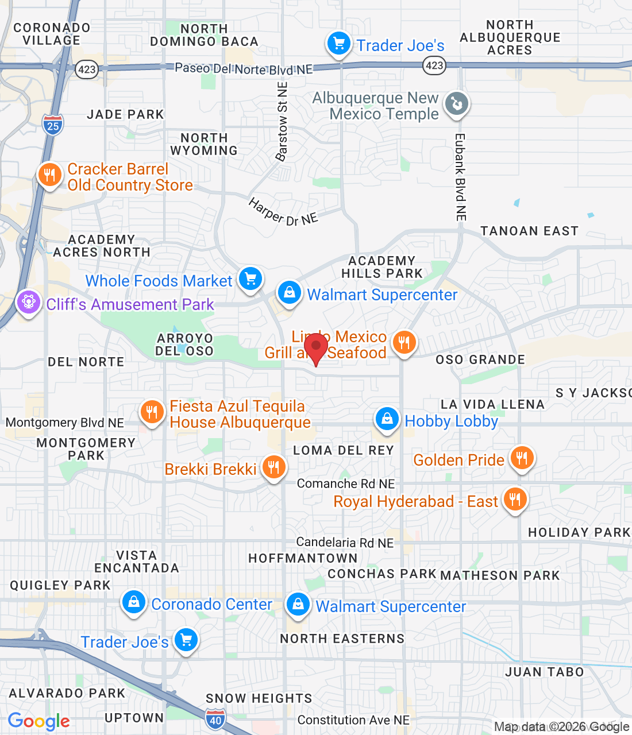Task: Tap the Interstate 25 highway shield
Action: pos(53,125)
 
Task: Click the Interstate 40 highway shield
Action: pos(215,719)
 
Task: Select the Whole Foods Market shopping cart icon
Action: pos(251,279)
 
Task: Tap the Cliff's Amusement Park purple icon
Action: pos(28,302)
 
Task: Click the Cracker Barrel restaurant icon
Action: pos(49,175)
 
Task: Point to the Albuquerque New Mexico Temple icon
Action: pos(457,105)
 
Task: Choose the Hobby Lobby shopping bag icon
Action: pos(387,419)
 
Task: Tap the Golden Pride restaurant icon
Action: pos(522,458)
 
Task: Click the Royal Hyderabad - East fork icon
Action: pos(515,500)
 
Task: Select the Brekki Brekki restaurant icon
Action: pos(274,467)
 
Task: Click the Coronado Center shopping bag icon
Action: pos(134,602)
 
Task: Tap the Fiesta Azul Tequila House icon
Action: pos(152,412)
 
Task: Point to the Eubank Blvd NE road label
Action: pos(460,177)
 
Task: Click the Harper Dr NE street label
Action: pos(283,212)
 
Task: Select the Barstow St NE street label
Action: pos(282,122)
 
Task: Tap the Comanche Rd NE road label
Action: pos(346,483)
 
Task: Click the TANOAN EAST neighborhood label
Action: pos(529,231)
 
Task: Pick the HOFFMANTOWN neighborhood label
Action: pos(303,558)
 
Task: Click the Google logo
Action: pos(38,721)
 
